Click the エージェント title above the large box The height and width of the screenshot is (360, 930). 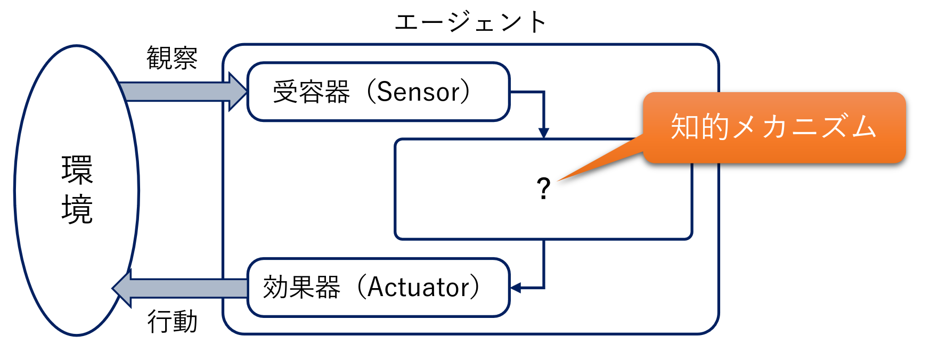pyautogui.click(x=470, y=22)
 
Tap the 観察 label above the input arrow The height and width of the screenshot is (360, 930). pyautogui.click(x=172, y=58)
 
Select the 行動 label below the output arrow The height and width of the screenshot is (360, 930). pyautogui.click(x=172, y=321)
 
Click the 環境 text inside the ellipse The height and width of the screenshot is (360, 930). pyautogui.click(x=77, y=190)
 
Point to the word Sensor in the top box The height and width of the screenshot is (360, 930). pyautogui.click(x=418, y=92)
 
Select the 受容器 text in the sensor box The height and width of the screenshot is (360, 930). pyautogui.click(x=311, y=92)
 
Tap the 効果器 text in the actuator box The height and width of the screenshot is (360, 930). pyautogui.click(x=301, y=287)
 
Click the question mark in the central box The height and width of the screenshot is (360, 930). pyautogui.click(x=543, y=189)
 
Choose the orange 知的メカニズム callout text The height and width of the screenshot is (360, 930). pyautogui.click(x=773, y=127)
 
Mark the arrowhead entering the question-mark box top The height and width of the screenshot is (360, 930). pyautogui.click(x=543, y=133)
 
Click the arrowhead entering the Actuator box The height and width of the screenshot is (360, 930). pyautogui.click(x=515, y=288)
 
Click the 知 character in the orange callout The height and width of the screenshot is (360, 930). pyautogui.click(x=685, y=127)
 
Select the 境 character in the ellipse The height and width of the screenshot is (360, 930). pyautogui.click(x=77, y=209)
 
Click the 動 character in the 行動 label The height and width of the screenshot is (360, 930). pyautogui.click(x=185, y=321)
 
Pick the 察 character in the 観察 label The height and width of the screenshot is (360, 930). pyautogui.click(x=185, y=58)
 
